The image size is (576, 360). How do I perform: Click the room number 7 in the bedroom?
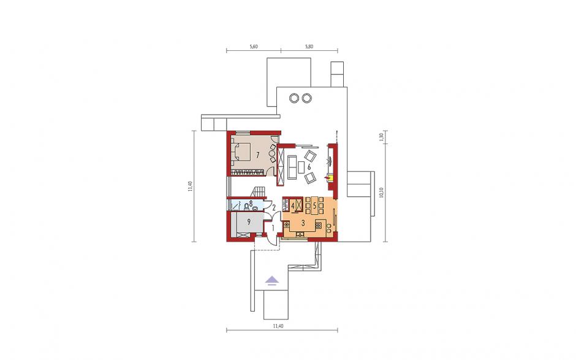click(257, 155)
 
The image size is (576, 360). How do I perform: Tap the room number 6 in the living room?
click(309, 167)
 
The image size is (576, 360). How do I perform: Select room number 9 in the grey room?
click(248, 221)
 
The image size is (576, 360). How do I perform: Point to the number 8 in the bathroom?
click(251, 202)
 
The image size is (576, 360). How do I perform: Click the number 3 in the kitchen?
click(303, 223)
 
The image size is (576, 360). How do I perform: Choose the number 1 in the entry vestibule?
click(273, 228)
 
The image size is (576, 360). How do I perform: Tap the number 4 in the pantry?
click(293, 206)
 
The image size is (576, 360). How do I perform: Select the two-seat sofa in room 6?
click(292, 167)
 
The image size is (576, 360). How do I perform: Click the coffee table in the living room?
click(301, 167)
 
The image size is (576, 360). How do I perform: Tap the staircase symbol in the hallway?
click(258, 192)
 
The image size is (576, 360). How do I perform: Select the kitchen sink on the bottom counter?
click(300, 234)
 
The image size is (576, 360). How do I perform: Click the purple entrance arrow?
click(272, 280)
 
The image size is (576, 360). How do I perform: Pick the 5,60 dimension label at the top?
click(254, 47)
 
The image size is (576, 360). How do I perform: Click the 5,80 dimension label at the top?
click(309, 47)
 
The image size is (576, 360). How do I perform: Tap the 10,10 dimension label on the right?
click(382, 193)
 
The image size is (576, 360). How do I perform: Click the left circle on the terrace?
click(294, 98)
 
